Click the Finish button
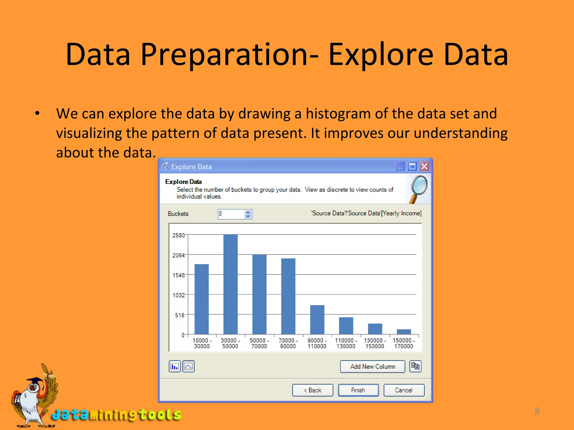pyautogui.click(x=358, y=390)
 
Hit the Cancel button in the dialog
pyautogui.click(x=404, y=390)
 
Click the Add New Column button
pyautogui.click(x=372, y=366)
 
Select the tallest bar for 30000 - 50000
pyautogui.click(x=230, y=284)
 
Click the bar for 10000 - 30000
pyautogui.click(x=202, y=299)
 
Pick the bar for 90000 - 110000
pyautogui.click(x=317, y=319)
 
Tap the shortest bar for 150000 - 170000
pyautogui.click(x=404, y=332)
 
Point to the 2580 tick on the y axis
pyautogui.click(x=179, y=235)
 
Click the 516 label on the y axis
pyautogui.click(x=180, y=315)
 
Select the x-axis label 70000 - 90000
pyautogui.click(x=288, y=343)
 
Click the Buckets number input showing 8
pyautogui.click(x=231, y=214)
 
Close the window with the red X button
pyautogui.click(x=425, y=167)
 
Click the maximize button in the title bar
pyautogui.click(x=412, y=167)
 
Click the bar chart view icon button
pyautogui.click(x=175, y=366)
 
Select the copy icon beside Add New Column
pyautogui.click(x=415, y=366)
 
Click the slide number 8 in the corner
pyautogui.click(x=537, y=411)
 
